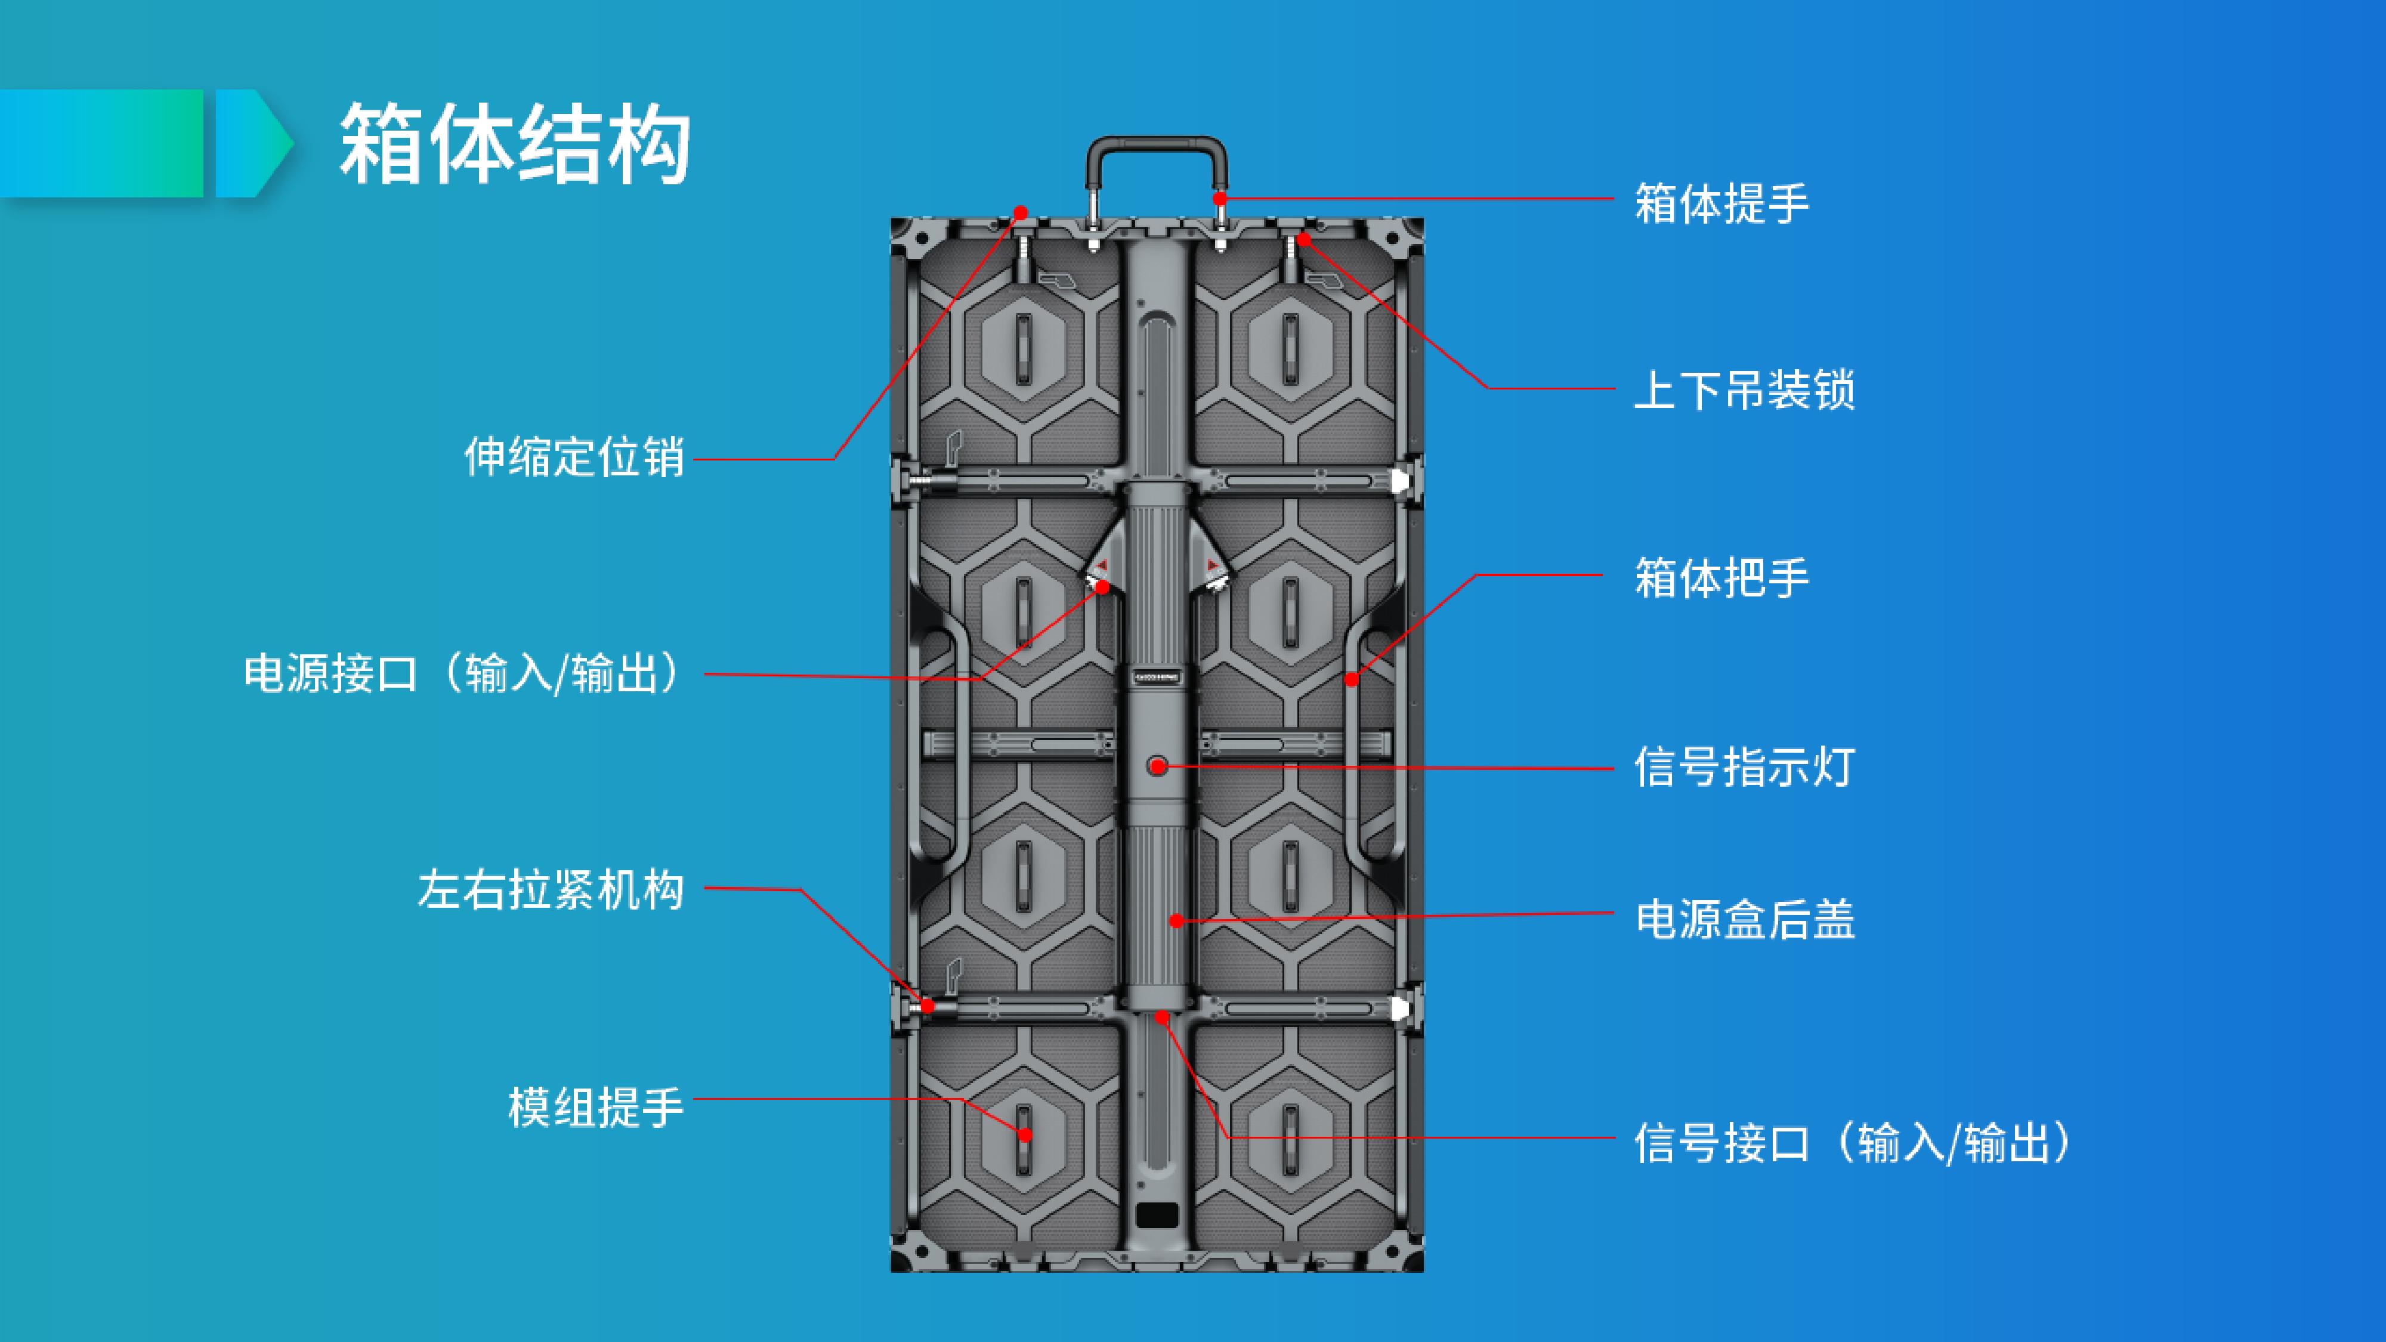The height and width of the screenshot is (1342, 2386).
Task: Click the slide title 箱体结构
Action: click(515, 144)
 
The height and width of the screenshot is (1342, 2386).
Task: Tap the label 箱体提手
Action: click(1721, 203)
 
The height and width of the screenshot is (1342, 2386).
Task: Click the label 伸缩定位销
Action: click(574, 457)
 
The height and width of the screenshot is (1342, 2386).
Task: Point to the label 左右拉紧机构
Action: click(551, 890)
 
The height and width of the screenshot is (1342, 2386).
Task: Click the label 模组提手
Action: click(595, 1108)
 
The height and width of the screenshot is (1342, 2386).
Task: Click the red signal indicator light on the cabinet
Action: click(1157, 766)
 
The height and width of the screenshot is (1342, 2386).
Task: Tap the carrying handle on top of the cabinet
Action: click(1157, 148)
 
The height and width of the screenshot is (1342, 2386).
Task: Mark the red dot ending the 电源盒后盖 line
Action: click(1175, 920)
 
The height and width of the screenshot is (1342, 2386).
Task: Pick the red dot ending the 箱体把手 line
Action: click(1352, 680)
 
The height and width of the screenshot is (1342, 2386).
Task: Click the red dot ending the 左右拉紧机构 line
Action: click(927, 1006)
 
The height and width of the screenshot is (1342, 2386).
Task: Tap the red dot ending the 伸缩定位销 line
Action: click(1021, 213)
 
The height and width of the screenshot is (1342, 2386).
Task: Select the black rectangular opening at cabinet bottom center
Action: click(1157, 1214)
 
